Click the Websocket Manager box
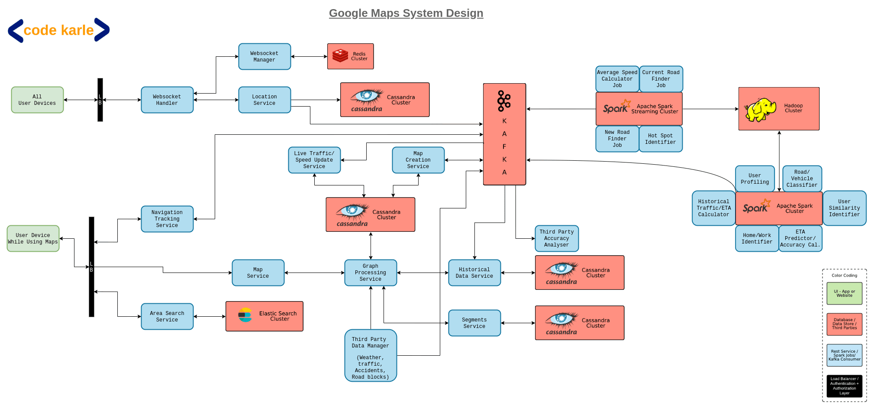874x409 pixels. tap(264, 56)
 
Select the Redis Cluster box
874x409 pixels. tap(350, 56)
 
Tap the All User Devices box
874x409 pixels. tap(37, 100)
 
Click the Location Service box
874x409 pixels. tap(264, 100)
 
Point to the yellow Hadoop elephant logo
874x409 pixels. tap(760, 110)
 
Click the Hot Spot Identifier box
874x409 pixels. tap(660, 139)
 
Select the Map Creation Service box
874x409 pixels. tap(418, 160)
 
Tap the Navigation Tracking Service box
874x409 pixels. tap(167, 219)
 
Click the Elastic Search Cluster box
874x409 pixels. tap(264, 316)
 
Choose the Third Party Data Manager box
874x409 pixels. tap(371, 355)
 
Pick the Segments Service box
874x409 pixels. tap(474, 323)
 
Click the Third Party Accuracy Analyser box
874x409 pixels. tap(556, 238)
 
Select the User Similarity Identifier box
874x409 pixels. tap(844, 208)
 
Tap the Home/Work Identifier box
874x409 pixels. tap(756, 238)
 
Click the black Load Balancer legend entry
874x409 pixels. tap(844, 386)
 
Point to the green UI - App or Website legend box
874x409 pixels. tap(844, 293)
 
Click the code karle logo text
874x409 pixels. tap(58, 30)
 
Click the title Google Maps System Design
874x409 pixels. tap(406, 13)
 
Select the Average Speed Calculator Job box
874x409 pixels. tap(617, 79)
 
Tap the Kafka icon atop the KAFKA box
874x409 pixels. tap(504, 101)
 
